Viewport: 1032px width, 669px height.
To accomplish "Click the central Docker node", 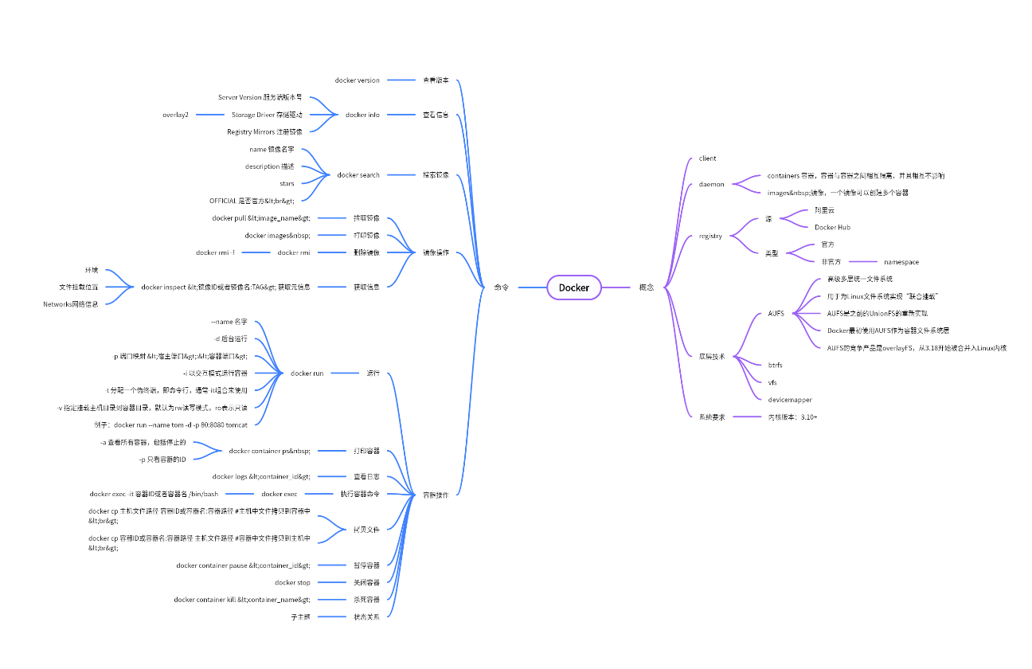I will point(573,288).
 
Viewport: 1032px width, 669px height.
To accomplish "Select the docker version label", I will point(357,80).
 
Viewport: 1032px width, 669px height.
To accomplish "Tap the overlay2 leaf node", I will point(176,115).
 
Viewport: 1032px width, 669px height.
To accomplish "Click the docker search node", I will point(358,175).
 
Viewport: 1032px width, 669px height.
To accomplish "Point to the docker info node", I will point(362,115).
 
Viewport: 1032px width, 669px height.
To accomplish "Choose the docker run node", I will point(307,373).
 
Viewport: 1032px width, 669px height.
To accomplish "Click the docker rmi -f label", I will point(215,252).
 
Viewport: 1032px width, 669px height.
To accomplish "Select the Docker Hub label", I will point(832,227).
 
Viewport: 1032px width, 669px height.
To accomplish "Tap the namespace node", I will point(901,261).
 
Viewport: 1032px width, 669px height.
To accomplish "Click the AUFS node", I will point(776,313).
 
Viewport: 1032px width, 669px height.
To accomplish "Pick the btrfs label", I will point(775,365).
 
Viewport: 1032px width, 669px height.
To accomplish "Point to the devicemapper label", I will point(789,399).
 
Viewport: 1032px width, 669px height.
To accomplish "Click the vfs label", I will point(772,382).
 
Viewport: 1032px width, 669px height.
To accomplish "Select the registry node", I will point(710,236).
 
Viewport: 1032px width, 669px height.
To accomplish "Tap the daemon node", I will point(711,184).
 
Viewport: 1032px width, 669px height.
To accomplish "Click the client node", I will point(707,158).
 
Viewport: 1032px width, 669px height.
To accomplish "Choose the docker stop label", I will point(292,582).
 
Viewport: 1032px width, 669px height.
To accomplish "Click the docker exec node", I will point(279,494).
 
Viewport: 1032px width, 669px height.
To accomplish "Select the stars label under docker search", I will point(287,183).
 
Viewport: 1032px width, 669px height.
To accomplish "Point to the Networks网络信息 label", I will point(71,303).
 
